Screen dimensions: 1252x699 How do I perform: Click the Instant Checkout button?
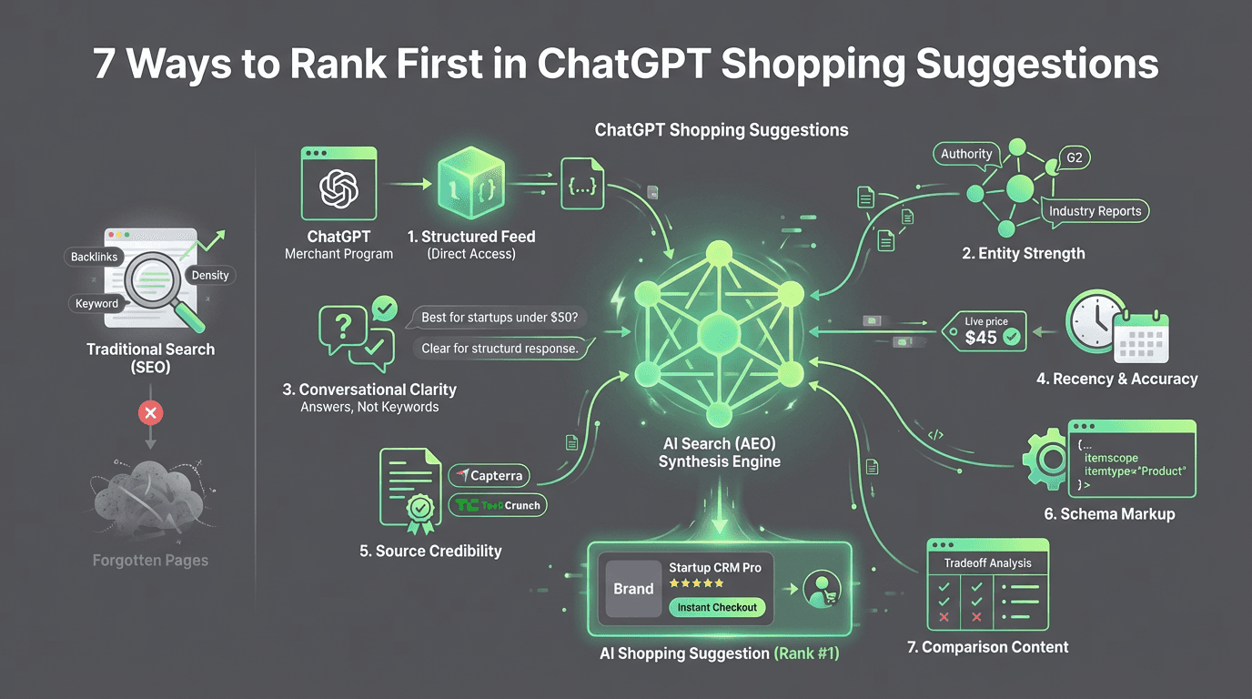tap(717, 607)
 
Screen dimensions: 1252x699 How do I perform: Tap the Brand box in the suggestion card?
tap(633, 589)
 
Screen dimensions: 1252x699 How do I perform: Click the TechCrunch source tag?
tap(498, 505)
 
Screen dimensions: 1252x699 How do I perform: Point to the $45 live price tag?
tap(984, 332)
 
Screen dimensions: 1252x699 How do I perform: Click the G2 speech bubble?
tap(1075, 158)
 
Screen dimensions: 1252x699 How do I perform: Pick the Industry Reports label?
tap(1095, 211)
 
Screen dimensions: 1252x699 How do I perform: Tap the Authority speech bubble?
tap(966, 155)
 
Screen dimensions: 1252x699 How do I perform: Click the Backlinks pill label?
tap(95, 257)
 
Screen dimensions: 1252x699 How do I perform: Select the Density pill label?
tap(209, 275)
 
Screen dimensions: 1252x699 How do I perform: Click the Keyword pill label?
tap(97, 304)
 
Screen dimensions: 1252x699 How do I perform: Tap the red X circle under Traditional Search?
tap(151, 413)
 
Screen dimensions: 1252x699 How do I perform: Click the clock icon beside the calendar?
tap(1095, 322)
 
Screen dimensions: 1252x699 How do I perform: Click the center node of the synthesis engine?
tap(718, 334)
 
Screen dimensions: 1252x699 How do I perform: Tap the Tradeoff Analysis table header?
tap(987, 563)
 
